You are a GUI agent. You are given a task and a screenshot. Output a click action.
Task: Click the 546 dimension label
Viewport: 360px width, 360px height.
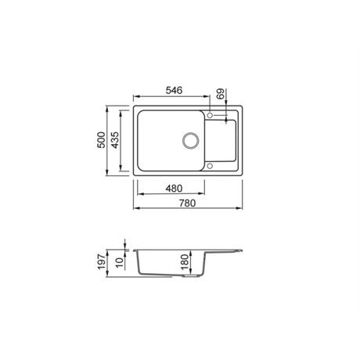174,90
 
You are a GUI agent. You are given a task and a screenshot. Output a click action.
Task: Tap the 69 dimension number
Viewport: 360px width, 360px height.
221,94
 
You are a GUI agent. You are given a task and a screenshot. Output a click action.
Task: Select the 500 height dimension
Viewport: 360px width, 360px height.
101,140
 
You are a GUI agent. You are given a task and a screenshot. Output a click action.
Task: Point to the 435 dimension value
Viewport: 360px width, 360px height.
115,140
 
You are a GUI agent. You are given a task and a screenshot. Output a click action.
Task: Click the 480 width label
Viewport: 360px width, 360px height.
174,188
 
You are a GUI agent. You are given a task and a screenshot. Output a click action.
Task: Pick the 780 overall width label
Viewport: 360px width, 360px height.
187,203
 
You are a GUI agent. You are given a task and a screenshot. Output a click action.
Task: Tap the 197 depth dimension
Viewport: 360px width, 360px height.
101,262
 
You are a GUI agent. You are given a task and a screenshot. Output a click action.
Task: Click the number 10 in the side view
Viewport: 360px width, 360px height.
119,262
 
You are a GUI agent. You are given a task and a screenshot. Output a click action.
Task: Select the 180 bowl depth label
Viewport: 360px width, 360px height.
185,262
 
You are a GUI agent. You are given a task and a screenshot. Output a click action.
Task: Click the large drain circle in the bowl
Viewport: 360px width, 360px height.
191,140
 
